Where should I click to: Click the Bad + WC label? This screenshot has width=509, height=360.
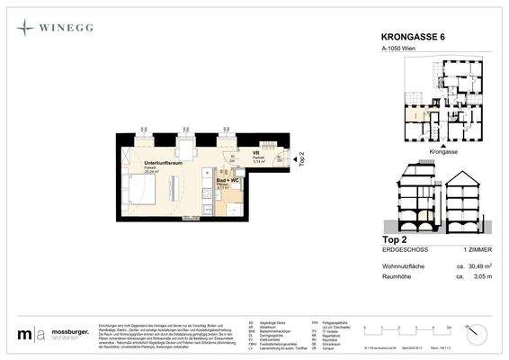pyautogui.click(x=228, y=180)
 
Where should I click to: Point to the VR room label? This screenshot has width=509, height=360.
pyautogui.click(x=256, y=153)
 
